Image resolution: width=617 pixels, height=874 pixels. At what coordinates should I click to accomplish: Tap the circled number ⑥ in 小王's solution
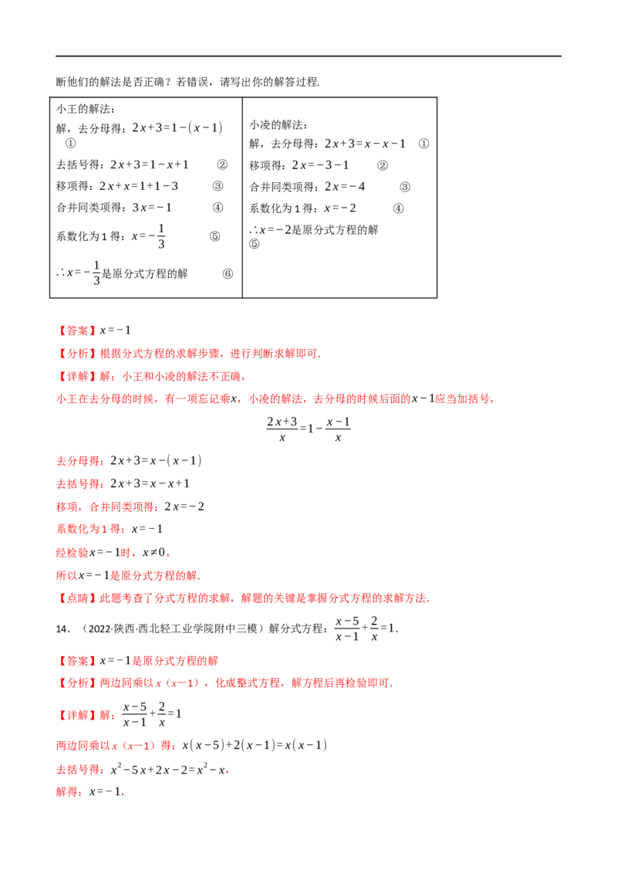(228, 273)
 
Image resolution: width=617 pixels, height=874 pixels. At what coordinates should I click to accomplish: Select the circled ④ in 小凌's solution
(398, 208)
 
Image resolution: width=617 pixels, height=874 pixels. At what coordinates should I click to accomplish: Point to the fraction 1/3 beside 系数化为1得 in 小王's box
(161, 236)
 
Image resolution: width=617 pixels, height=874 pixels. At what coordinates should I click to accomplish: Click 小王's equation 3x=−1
(152, 208)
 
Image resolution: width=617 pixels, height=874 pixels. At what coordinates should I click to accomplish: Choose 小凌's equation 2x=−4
(345, 187)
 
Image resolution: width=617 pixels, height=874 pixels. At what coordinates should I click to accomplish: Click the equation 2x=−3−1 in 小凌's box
(320, 165)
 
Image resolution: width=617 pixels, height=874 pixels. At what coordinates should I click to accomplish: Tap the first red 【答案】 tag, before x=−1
(77, 330)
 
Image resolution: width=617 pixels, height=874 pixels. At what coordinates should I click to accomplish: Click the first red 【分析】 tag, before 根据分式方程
(77, 354)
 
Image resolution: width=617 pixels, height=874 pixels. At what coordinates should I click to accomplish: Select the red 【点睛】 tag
(77, 598)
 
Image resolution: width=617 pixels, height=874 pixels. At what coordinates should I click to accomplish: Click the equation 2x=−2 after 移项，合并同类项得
(184, 506)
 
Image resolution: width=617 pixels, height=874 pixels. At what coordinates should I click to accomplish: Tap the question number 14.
(63, 628)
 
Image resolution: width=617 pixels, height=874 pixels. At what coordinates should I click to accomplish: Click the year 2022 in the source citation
(99, 628)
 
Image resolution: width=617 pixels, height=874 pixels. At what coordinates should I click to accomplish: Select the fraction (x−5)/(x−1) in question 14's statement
(347, 628)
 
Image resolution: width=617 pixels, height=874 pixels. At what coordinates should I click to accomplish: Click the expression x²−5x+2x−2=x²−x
(167, 769)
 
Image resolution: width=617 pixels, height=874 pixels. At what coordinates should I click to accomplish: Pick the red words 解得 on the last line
(67, 791)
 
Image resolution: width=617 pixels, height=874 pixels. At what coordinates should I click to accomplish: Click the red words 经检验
(72, 552)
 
